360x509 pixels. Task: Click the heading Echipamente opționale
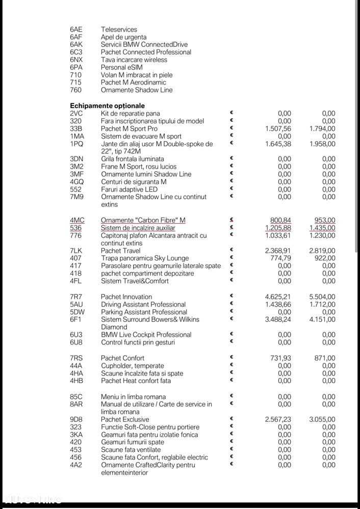tap(107, 105)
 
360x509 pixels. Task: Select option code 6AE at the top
tap(76, 30)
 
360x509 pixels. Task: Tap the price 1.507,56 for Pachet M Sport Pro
tap(278, 129)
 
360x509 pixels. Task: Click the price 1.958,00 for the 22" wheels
tap(322, 144)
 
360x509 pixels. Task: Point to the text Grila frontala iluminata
tap(133, 159)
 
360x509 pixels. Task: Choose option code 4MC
tap(77, 220)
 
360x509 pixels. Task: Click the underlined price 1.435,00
tap(322, 228)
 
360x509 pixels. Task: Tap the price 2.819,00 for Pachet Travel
tap(322, 251)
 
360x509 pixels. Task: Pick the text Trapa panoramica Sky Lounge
tap(145, 258)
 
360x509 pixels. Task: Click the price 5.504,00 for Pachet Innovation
tap(322, 297)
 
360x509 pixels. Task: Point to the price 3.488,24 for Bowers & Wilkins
tap(278, 319)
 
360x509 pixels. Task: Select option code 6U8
tap(76, 342)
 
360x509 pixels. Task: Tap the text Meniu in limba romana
tap(133, 396)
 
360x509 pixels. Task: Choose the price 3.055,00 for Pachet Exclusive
tap(322, 419)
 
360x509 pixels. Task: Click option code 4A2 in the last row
tap(76, 465)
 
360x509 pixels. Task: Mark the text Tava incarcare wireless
tap(134, 60)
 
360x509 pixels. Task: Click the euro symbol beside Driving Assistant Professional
tap(231, 304)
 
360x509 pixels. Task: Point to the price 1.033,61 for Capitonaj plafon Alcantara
tap(278, 235)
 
